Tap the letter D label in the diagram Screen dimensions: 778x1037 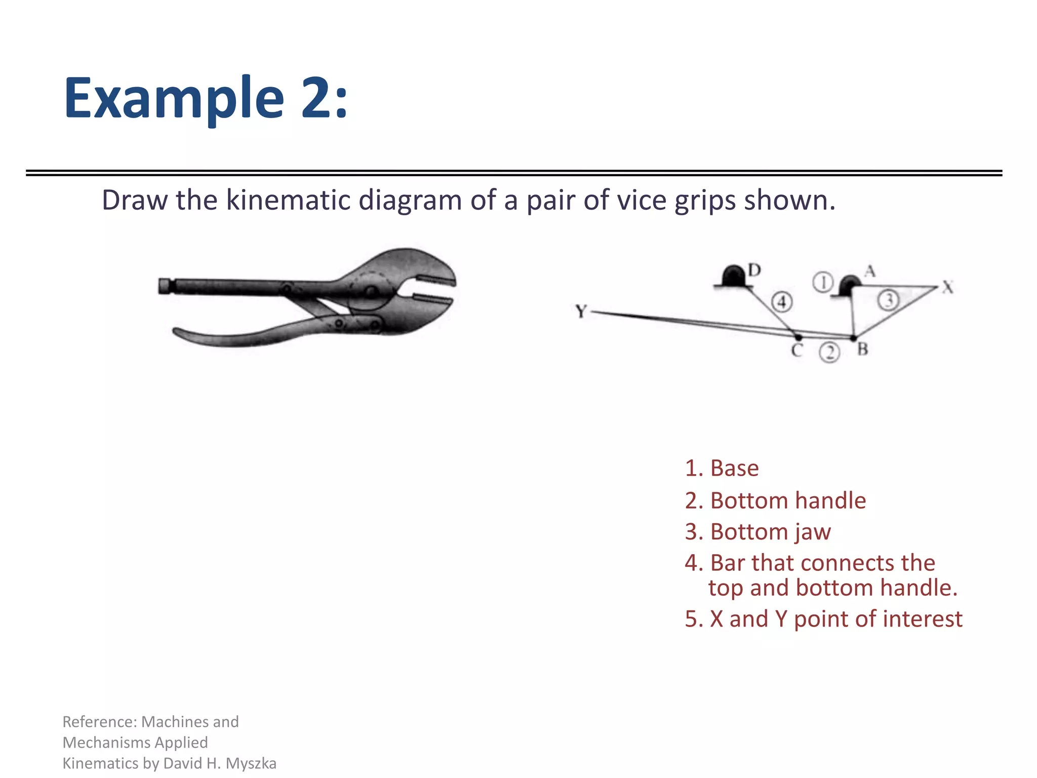tap(754, 270)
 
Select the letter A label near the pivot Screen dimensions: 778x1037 tap(870, 271)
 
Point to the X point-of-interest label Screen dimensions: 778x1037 tap(948, 288)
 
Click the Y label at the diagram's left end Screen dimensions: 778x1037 tap(581, 311)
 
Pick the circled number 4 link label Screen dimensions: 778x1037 tap(782, 302)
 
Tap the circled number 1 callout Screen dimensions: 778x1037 tap(823, 282)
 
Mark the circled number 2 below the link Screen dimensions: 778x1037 tap(829, 352)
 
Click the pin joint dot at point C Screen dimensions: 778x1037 tap(799, 337)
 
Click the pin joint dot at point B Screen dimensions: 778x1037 tap(854, 337)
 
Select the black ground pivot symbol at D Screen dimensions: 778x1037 tap(733, 277)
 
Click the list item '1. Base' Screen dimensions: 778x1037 tap(722, 468)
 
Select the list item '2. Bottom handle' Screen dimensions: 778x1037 tap(775, 500)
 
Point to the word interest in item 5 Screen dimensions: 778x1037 tap(922, 619)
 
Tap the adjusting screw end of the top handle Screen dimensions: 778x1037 tap(165, 286)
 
